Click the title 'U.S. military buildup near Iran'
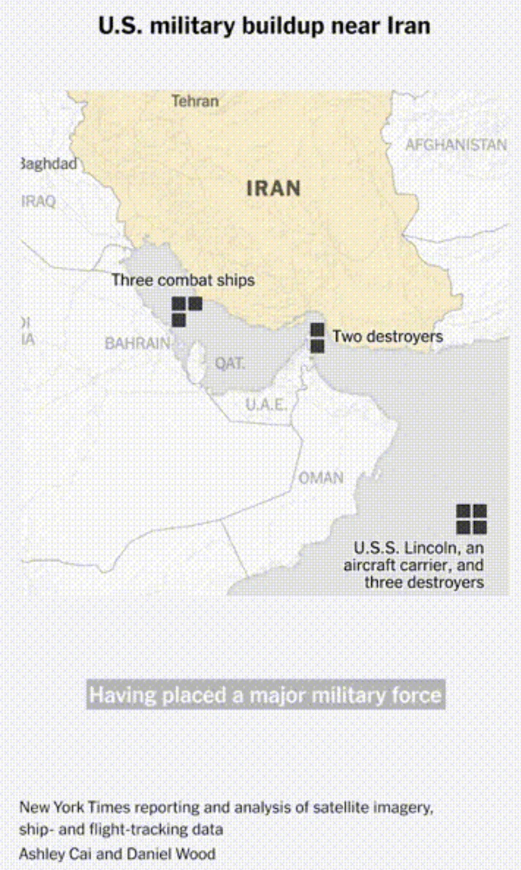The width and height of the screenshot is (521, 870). click(264, 26)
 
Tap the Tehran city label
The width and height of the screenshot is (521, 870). click(195, 101)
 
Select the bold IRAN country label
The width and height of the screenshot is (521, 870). click(274, 189)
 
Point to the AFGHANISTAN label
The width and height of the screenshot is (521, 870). click(456, 144)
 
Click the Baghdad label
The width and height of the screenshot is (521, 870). click(49, 163)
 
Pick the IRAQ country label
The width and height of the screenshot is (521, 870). click(38, 201)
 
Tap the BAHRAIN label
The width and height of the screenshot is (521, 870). click(137, 343)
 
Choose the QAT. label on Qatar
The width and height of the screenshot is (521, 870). click(231, 363)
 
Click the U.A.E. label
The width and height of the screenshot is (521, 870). click(266, 404)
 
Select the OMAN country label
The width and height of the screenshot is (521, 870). click(320, 478)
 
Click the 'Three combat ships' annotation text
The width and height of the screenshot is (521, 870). click(183, 280)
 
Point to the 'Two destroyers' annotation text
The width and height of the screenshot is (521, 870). click(387, 336)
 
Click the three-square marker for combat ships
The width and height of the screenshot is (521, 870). click(185, 310)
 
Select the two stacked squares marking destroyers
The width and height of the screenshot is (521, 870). click(317, 338)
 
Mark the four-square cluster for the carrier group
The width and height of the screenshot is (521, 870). click(472, 519)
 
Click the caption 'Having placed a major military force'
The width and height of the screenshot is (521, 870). click(266, 694)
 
